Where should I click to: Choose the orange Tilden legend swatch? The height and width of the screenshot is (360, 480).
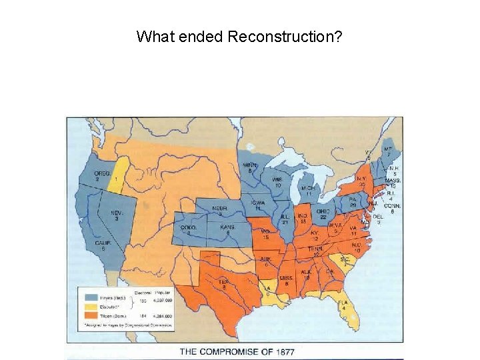pos(90,316)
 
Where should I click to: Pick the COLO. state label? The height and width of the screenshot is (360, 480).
pos(188,227)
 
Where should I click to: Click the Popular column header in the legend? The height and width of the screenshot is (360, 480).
pos(163,292)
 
